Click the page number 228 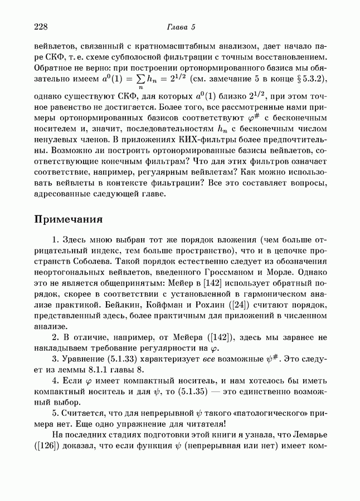tap(42, 27)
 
